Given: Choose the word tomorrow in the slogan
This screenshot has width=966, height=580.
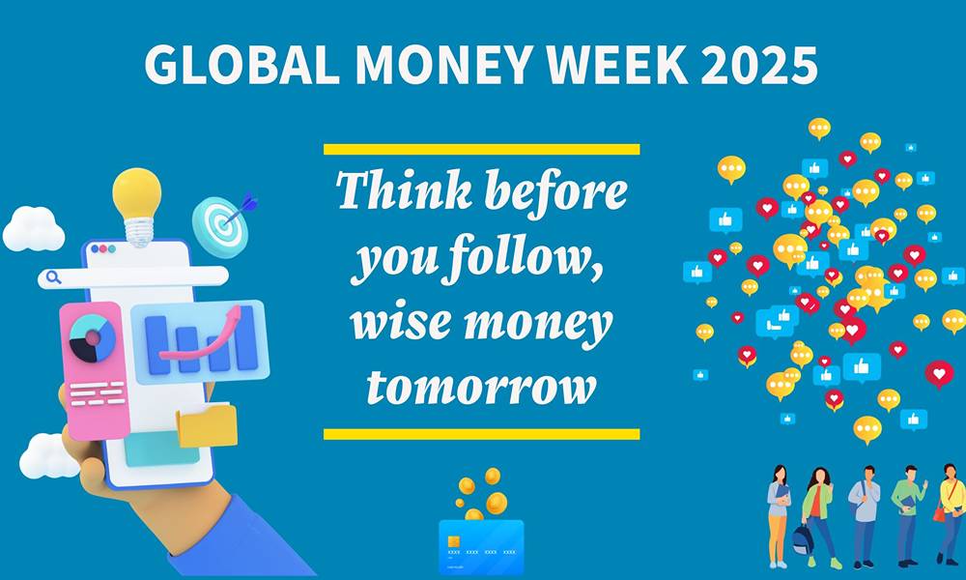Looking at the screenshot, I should [481, 389].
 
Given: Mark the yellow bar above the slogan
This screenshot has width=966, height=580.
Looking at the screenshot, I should [481, 149].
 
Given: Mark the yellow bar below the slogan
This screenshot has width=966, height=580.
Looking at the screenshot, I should [481, 434].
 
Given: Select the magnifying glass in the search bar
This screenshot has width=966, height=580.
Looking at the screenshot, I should [53, 277].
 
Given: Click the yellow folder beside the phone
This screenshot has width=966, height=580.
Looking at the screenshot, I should [207, 425].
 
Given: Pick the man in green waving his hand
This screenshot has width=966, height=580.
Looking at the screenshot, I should [908, 512].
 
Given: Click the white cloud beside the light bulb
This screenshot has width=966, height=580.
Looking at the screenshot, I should [34, 229].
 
